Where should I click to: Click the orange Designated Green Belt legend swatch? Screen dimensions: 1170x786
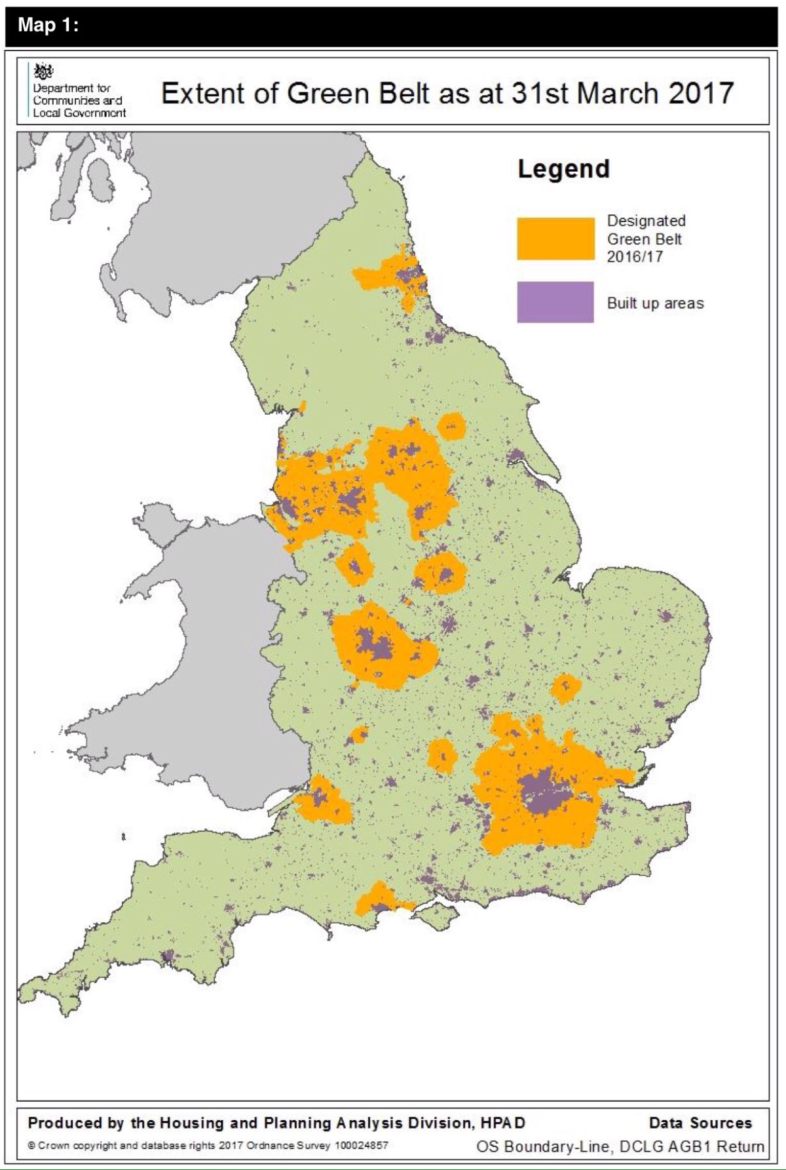tap(555, 239)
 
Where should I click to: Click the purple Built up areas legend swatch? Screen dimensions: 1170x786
tap(555, 302)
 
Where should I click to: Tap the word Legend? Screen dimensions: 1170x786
tap(563, 169)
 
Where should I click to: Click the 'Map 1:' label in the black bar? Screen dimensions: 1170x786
tap(48, 24)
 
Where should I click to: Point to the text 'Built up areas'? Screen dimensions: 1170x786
tap(655, 303)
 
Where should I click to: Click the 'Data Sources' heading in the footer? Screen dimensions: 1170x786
tap(700, 1123)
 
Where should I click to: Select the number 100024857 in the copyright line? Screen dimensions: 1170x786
tap(361, 1146)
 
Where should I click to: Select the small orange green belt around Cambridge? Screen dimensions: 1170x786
tap(565, 688)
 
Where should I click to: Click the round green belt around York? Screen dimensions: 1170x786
tap(451, 427)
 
